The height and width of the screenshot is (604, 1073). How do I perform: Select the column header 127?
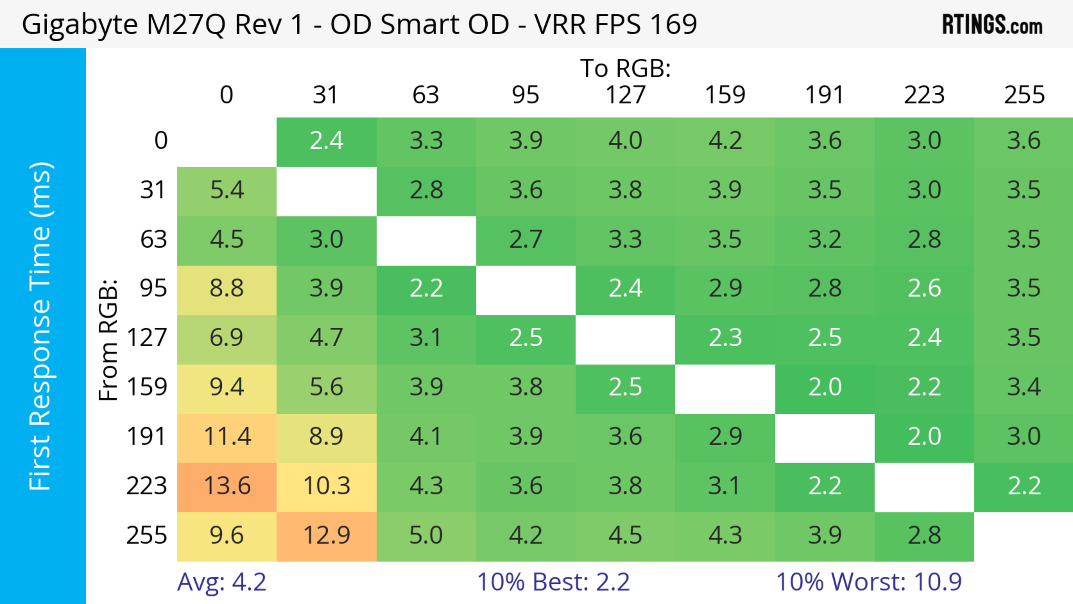tap(625, 95)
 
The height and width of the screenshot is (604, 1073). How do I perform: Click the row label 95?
tap(153, 288)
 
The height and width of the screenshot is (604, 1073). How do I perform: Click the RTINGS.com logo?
tap(992, 25)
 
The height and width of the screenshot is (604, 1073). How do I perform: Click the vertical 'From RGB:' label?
tap(108, 340)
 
